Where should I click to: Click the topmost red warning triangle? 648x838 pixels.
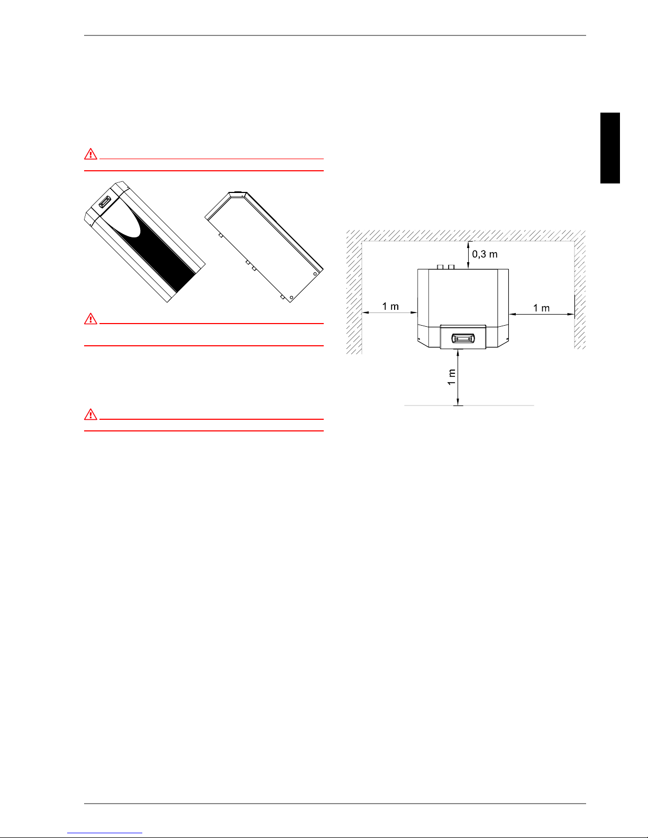coord(90,154)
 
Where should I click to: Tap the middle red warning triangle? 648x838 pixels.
coord(90,319)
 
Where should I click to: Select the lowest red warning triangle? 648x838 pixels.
coord(90,415)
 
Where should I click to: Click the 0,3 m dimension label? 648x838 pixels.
coord(485,254)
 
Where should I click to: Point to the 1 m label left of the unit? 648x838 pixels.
coord(390,306)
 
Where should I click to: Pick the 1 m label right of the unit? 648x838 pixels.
coord(541,308)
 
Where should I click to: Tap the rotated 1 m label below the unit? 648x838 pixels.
coord(451,377)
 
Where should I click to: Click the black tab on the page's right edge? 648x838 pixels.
coord(610,148)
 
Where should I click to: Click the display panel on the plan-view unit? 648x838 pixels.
coord(463,338)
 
